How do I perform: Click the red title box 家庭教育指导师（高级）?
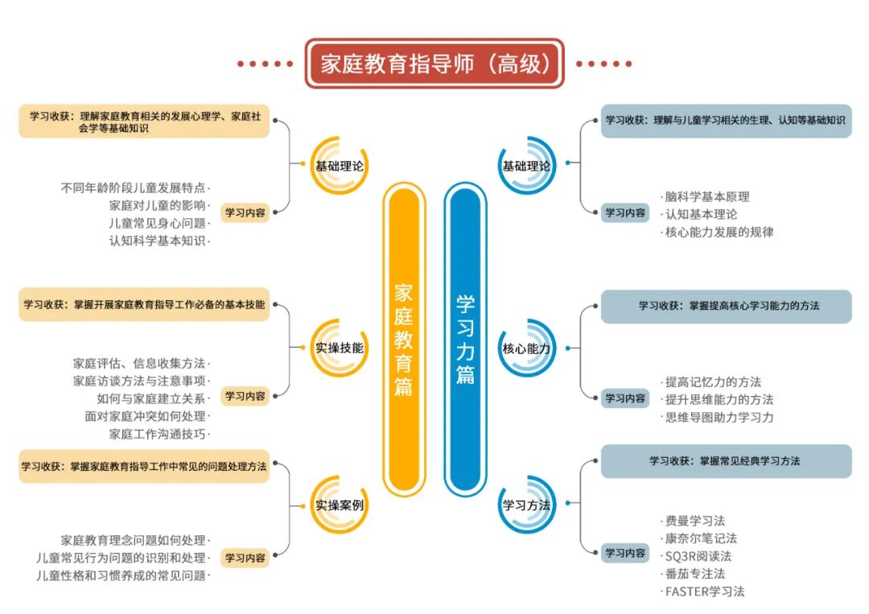point(434,64)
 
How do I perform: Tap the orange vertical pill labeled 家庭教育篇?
point(403,338)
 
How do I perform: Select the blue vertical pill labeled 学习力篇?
point(465,338)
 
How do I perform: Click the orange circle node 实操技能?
point(339,348)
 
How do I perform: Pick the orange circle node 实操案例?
point(339,505)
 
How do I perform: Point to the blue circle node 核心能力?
point(526,348)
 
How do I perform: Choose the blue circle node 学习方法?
point(526,505)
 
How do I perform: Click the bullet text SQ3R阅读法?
point(698,556)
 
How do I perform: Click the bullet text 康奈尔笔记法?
point(701,538)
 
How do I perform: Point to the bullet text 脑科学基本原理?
point(707,196)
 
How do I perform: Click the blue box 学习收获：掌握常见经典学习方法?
point(726,461)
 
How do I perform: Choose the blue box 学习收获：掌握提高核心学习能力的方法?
point(726,306)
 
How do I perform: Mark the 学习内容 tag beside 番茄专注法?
point(625,553)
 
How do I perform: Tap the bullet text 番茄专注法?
point(695,574)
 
